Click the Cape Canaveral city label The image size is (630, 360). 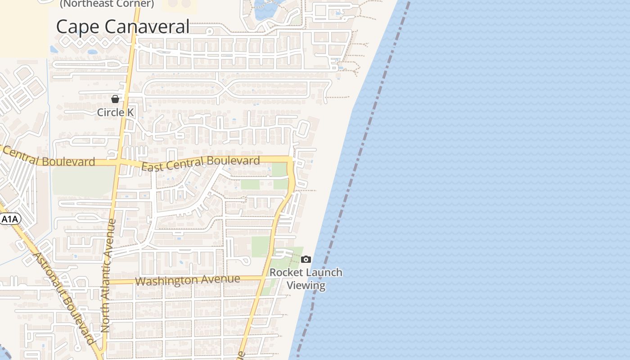[122, 27]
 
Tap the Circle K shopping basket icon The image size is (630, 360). [115, 99]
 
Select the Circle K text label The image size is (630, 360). [116, 112]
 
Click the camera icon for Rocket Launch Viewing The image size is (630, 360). [306, 259]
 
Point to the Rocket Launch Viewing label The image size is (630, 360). [306, 279]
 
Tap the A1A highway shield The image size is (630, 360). [10, 219]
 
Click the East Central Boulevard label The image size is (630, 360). [201, 163]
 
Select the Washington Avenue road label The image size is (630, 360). [187, 280]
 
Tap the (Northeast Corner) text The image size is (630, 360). [107, 4]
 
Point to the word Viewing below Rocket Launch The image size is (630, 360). [306, 285]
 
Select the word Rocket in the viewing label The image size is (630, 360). [284, 273]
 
